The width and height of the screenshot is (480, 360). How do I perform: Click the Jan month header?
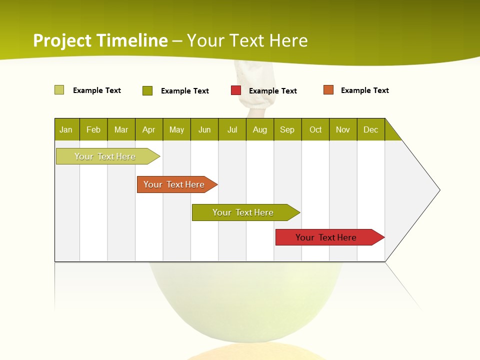(x=66, y=129)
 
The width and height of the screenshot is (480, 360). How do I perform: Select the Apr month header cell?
(x=149, y=129)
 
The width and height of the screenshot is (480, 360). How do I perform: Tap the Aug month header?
(x=260, y=129)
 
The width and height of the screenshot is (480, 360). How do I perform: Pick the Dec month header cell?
(x=371, y=129)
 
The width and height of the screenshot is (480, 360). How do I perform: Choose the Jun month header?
(x=204, y=129)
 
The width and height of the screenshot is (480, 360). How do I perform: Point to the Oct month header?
(x=315, y=129)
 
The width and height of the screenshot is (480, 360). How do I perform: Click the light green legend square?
(x=59, y=90)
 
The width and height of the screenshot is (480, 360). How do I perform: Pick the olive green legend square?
(x=147, y=90)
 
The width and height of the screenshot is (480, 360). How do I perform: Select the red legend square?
(x=236, y=90)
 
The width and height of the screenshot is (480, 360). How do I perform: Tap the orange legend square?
(x=328, y=90)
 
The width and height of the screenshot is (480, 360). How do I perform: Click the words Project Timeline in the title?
(x=100, y=40)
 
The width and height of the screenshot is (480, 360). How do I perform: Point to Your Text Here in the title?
(x=247, y=40)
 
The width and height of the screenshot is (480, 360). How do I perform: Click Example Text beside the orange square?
(x=365, y=90)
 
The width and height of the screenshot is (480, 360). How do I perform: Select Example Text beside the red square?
(x=273, y=91)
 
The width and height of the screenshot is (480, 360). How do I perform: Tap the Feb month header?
(x=93, y=129)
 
